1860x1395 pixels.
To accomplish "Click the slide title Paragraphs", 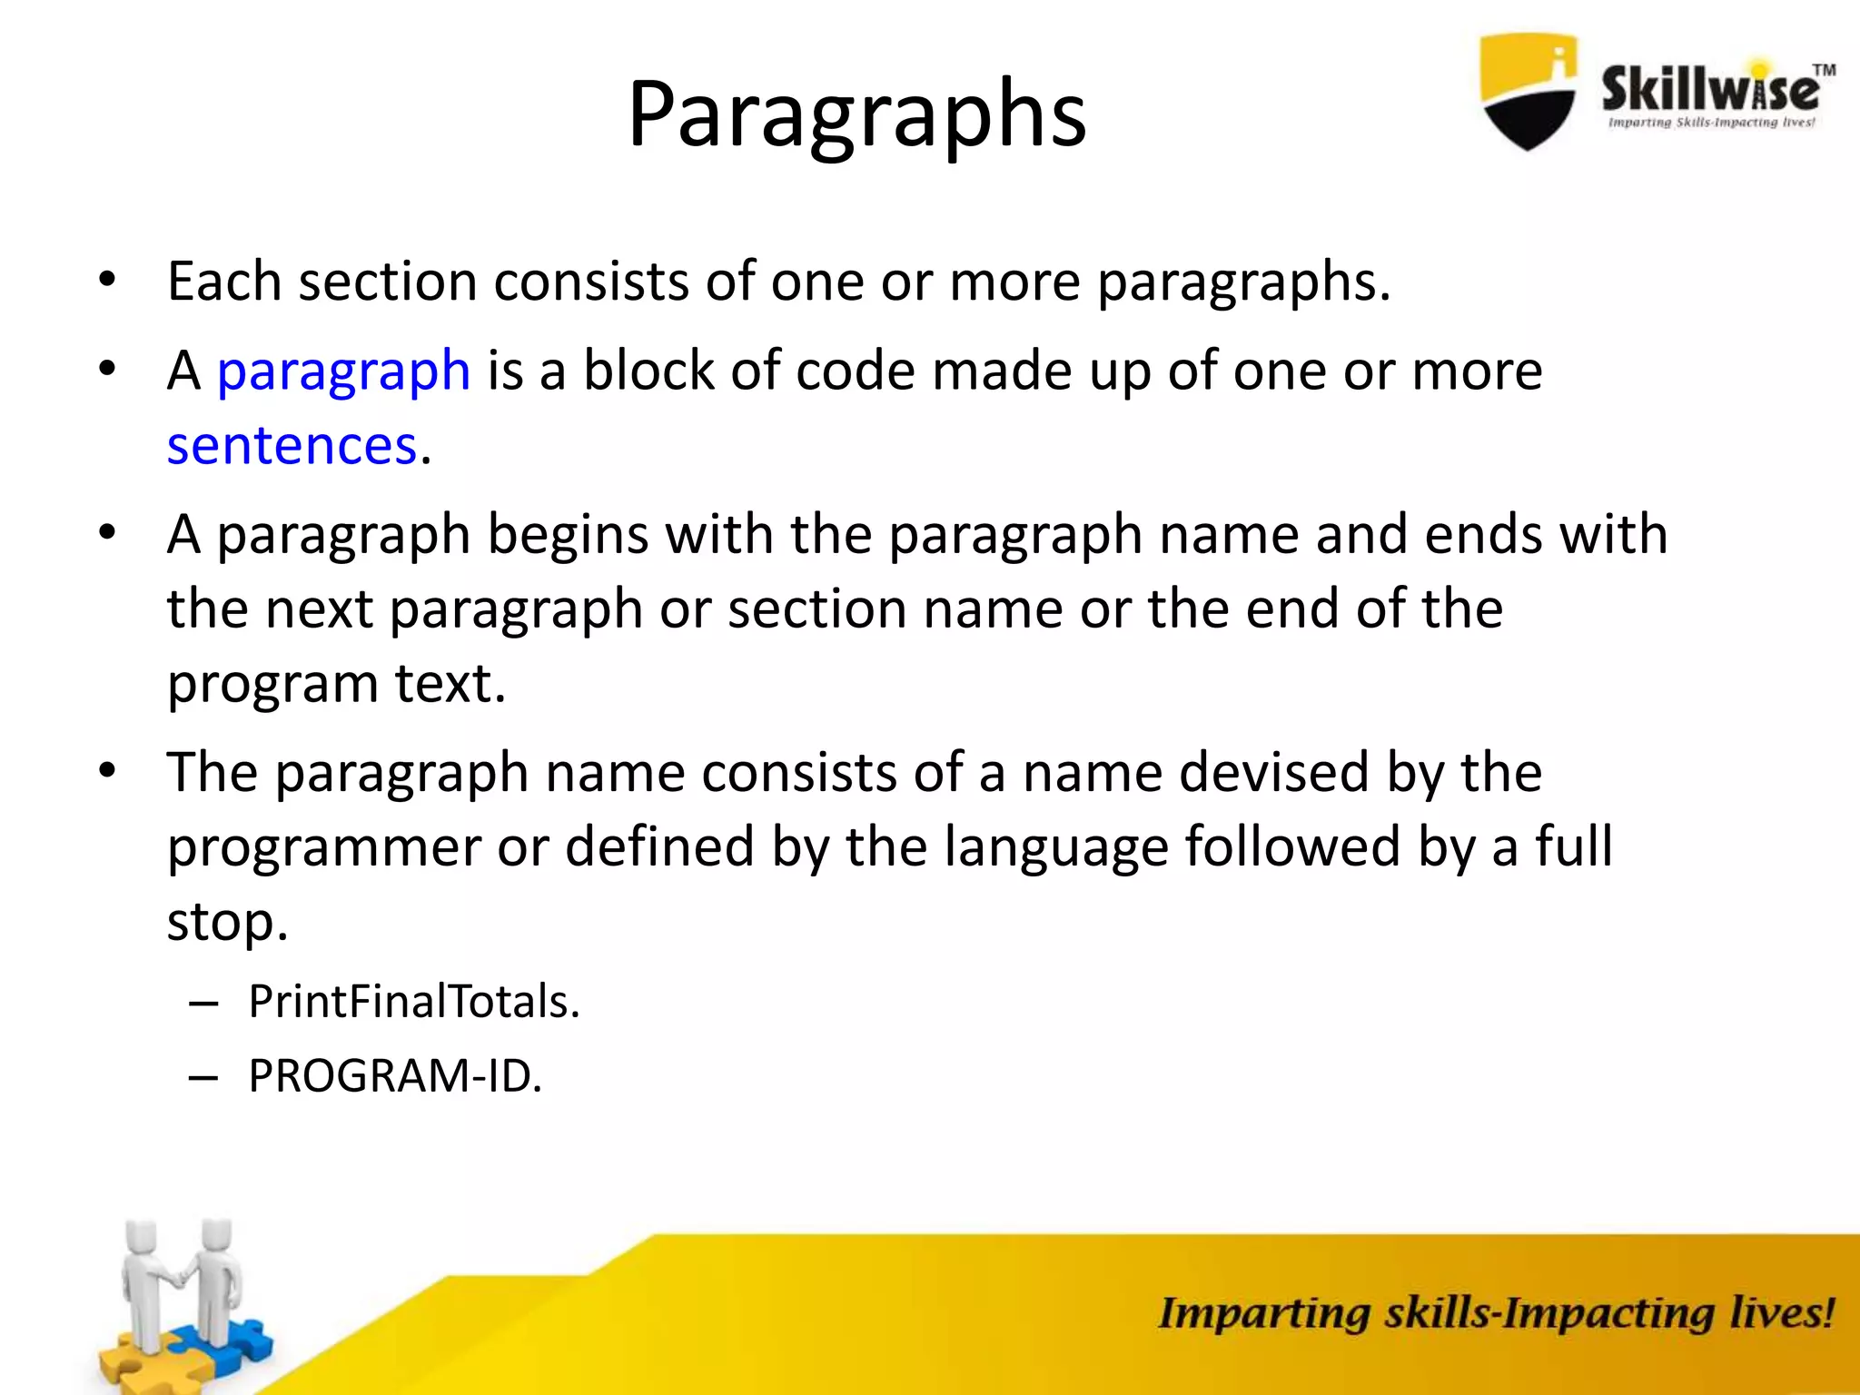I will coord(856,114).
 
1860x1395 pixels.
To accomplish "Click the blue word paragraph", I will coord(343,371).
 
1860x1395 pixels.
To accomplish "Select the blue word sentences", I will coord(292,445).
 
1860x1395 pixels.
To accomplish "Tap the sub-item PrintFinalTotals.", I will coord(414,1001).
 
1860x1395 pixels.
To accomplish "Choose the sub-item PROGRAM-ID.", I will coord(395,1075).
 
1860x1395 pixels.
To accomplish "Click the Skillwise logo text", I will coord(1709,91).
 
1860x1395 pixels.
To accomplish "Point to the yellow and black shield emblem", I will coord(1528,91).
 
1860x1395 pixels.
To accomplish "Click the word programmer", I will coord(323,846).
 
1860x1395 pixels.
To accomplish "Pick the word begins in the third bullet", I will coord(568,534).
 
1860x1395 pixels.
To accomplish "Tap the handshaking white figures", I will coord(182,1281).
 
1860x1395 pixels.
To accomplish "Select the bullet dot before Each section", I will coord(107,281).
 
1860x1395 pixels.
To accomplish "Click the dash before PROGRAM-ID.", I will coord(203,1077).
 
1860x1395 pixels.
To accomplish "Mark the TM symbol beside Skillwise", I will coord(1824,70).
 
